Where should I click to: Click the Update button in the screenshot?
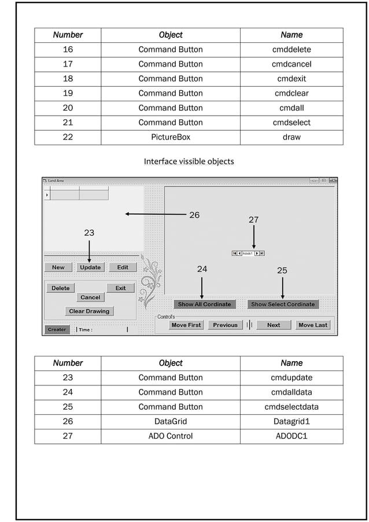coord(90,267)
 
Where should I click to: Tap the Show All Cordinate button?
coord(204,304)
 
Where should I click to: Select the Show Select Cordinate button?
coord(283,304)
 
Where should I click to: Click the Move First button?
coord(186,325)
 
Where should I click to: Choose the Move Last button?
coord(313,325)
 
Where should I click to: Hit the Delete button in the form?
coord(60,288)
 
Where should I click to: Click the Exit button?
coord(120,288)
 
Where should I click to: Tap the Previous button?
coord(225,325)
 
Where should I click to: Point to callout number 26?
coord(194,215)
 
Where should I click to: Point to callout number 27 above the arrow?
coord(253,220)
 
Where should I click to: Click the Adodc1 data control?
coord(248,253)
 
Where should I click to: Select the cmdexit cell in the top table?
coord(291,79)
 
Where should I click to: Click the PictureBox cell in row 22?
coord(171,137)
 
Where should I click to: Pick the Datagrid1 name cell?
coord(291,421)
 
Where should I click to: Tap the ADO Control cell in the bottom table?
coord(171,436)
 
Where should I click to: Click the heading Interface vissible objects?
coord(189,161)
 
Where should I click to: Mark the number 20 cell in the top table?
coord(68,108)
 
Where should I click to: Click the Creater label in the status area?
coord(57,330)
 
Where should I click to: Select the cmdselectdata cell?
coord(291,407)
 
